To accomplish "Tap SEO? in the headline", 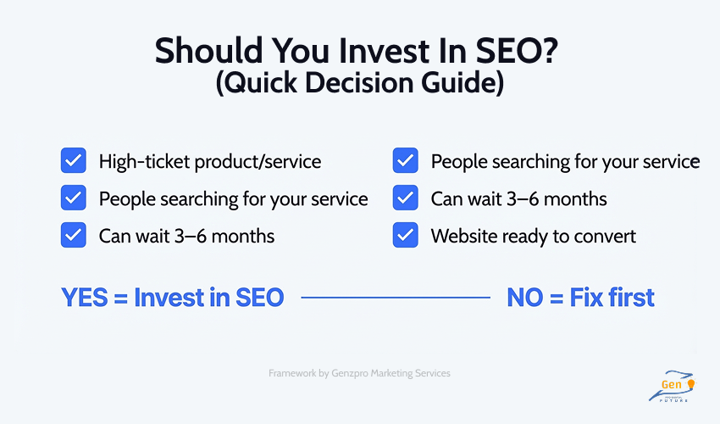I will click(515, 53).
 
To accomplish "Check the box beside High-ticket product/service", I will click(73, 160).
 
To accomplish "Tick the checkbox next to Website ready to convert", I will click(406, 236).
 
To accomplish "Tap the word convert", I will click(606, 236).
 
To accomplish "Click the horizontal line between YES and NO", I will click(396, 298).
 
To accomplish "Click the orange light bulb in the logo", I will click(690, 386).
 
